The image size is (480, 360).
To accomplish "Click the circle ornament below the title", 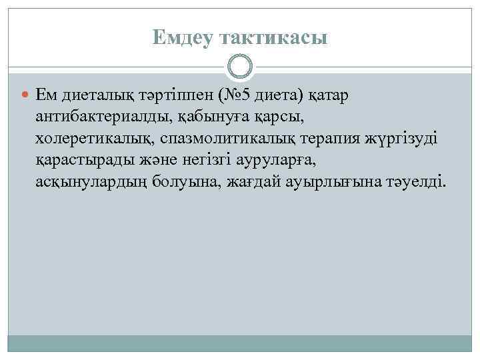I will point(240,67).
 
